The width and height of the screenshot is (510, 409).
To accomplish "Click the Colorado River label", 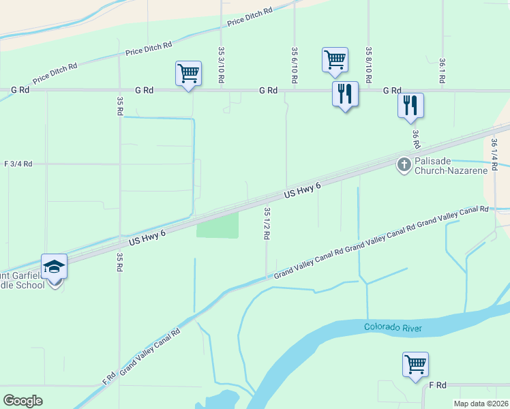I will click(393, 328).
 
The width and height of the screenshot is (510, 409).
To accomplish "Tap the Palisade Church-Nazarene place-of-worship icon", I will click(404, 164).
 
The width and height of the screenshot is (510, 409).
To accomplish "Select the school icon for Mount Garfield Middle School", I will click(54, 266).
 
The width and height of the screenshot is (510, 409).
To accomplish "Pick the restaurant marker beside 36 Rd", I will click(410, 106).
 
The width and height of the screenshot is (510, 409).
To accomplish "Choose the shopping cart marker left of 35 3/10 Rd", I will click(188, 73).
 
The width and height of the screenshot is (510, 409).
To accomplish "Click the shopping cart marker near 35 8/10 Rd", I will click(335, 59).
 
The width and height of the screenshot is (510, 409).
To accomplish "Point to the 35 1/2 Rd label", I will click(267, 224).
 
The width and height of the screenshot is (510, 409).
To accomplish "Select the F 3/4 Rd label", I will click(18, 164).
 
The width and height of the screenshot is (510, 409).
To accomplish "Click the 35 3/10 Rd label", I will click(222, 65).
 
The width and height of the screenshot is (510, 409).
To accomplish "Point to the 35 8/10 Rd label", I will click(368, 65).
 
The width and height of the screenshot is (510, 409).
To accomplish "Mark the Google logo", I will click(23, 400).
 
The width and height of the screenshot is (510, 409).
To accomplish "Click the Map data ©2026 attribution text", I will click(481, 404).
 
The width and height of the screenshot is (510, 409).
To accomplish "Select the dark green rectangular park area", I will click(217, 225).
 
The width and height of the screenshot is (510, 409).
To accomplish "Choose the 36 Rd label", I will click(415, 140).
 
